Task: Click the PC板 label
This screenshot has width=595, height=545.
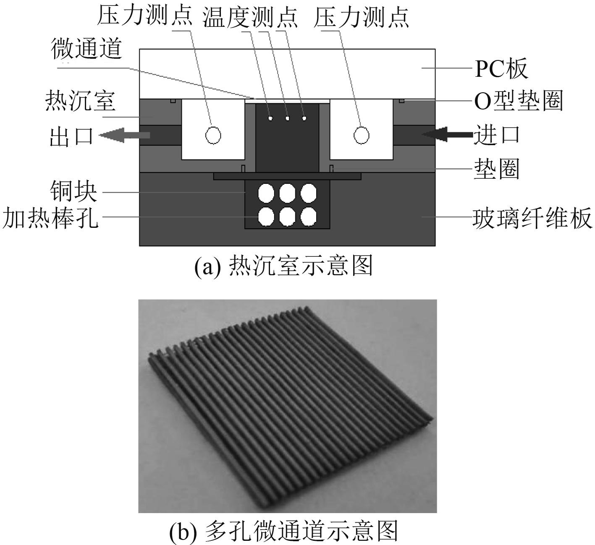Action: coord(501,69)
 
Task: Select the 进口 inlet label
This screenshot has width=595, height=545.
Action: coord(497,135)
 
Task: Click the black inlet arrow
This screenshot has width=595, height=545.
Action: coord(448,134)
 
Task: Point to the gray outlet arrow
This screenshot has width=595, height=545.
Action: coord(125,135)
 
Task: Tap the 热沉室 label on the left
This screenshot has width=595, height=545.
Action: coord(80,101)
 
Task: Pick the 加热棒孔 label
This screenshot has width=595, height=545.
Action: coord(50,218)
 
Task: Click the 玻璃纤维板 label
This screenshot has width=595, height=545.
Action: coord(532,218)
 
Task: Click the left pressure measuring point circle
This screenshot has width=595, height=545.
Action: coord(213,135)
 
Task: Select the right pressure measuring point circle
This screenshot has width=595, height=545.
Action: coord(362,135)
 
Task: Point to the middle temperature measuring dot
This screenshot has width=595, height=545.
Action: coord(288,118)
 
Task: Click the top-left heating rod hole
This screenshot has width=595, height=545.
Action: coord(266,194)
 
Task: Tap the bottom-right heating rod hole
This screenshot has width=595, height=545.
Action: coord(309,216)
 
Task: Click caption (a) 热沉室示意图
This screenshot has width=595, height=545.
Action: coord(284,266)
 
